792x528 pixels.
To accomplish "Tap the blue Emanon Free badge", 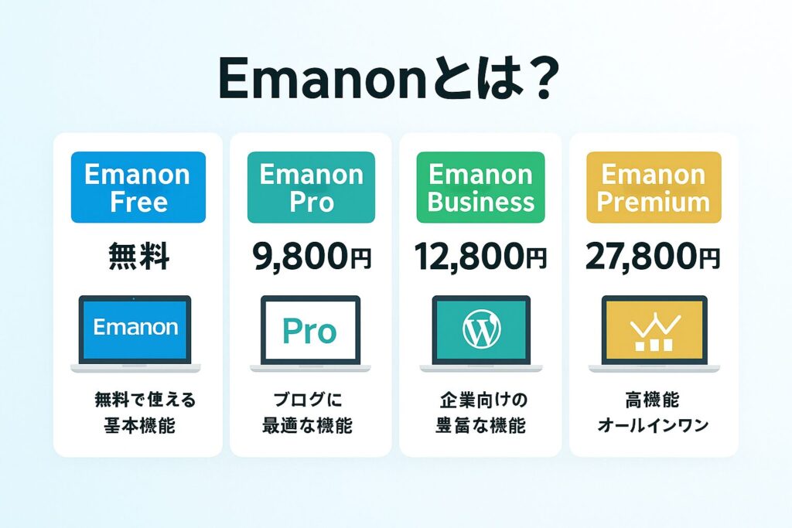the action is [x=138, y=187].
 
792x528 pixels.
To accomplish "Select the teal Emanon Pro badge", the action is [x=311, y=187].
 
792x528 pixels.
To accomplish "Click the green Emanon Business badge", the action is [x=480, y=187].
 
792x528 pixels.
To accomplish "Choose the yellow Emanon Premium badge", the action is [x=654, y=187].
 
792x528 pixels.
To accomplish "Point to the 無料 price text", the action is [x=138, y=257].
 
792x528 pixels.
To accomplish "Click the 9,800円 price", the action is [x=312, y=257].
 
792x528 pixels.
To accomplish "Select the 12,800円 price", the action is [x=480, y=257].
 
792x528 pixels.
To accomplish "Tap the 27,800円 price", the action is [x=653, y=257].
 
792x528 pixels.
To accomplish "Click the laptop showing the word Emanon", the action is [x=135, y=334].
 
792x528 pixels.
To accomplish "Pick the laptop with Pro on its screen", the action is [x=310, y=334].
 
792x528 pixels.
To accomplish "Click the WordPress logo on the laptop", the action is [x=481, y=329].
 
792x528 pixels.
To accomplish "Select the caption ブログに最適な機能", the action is [x=308, y=413].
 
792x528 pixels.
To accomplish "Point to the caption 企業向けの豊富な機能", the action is [x=481, y=413].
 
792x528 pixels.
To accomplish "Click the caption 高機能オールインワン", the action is [x=653, y=413].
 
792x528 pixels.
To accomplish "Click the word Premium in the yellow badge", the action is [x=654, y=202].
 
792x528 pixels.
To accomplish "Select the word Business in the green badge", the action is [x=481, y=202].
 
